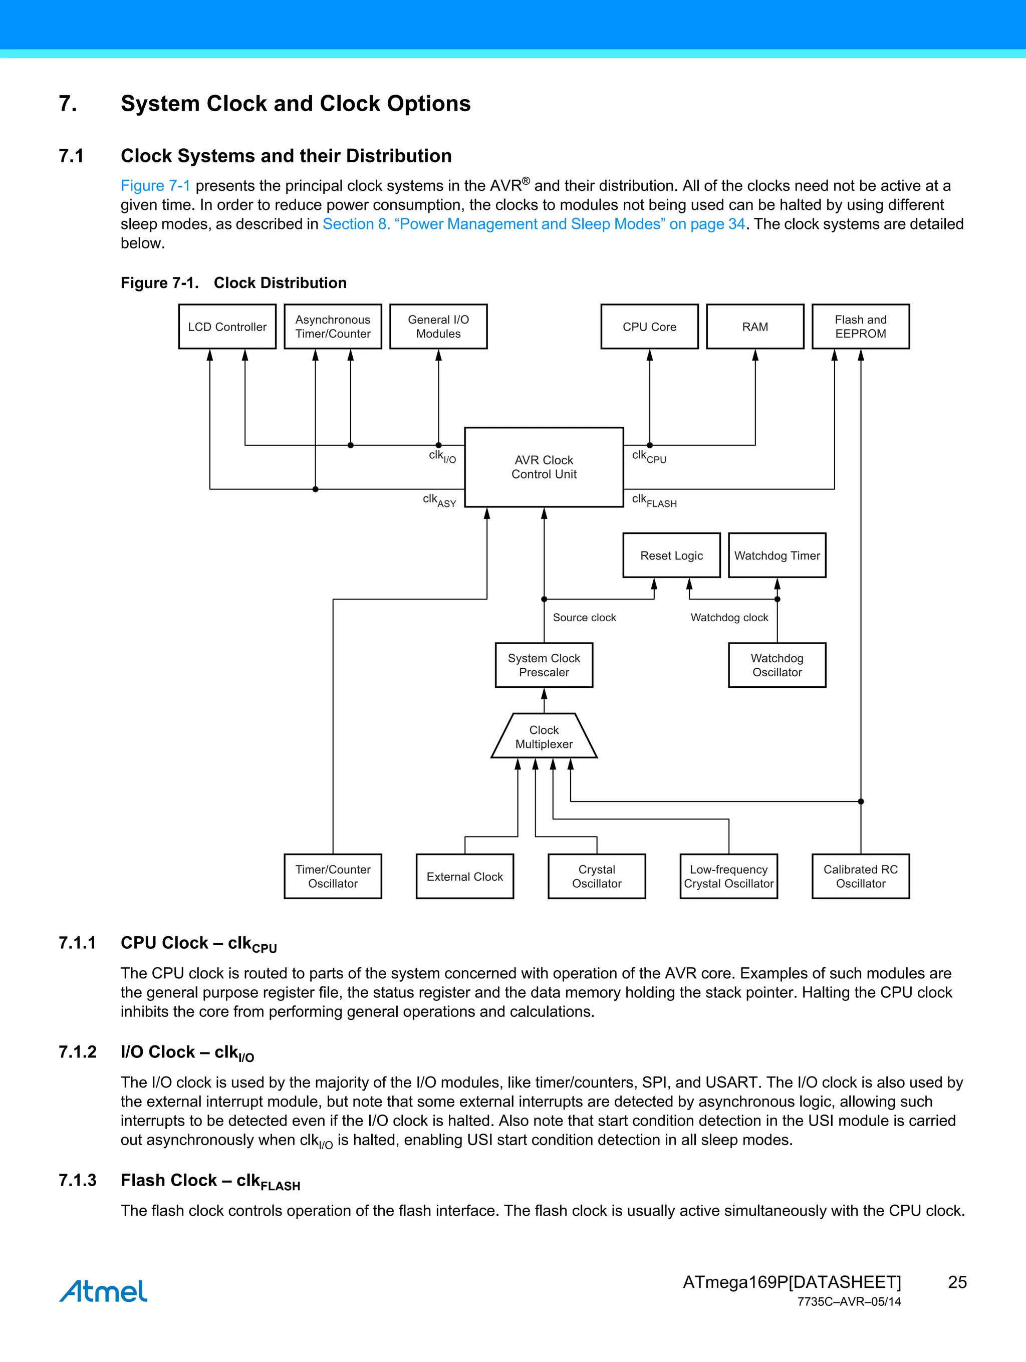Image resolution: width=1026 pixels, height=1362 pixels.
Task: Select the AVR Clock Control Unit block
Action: coord(544,467)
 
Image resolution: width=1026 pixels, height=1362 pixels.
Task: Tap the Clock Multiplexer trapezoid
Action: coord(544,737)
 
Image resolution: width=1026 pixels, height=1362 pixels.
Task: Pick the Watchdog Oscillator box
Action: coord(777,666)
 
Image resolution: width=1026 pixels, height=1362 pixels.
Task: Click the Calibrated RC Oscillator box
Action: coord(860,876)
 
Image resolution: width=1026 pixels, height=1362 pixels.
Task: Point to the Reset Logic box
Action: coord(671,556)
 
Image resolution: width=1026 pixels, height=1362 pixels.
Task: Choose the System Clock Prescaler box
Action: coord(544,666)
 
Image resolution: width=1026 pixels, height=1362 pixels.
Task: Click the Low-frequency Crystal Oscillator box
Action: coord(728,876)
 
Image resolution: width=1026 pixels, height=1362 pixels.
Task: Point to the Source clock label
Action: coord(584,618)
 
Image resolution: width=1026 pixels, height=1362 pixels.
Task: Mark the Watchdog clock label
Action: coord(729,618)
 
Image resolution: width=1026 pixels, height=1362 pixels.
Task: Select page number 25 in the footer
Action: coord(957,1282)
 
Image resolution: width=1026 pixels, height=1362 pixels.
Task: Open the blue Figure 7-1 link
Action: coord(155,186)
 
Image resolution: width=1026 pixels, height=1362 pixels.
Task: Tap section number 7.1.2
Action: coord(78,1051)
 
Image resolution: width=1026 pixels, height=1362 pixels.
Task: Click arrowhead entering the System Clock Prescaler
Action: coord(544,694)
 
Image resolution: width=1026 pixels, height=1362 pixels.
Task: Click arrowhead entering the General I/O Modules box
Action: coord(438,355)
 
